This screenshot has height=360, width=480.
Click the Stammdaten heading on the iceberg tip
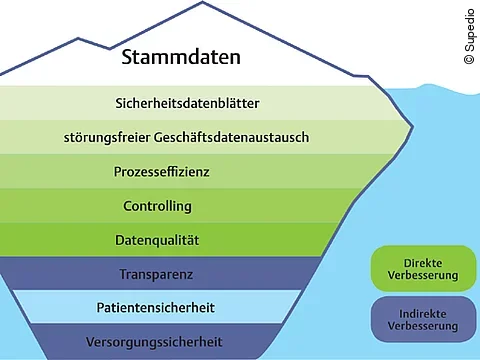pos(181,57)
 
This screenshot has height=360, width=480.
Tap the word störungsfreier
pos(102,137)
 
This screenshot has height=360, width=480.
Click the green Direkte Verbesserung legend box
pos(422,268)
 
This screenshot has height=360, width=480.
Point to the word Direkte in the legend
pos(422,260)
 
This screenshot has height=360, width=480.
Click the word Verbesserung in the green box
pos(422,275)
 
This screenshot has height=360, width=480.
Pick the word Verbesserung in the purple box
pos(422,326)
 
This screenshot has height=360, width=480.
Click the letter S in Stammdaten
pos(128,57)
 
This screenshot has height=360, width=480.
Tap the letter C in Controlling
pos(128,206)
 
